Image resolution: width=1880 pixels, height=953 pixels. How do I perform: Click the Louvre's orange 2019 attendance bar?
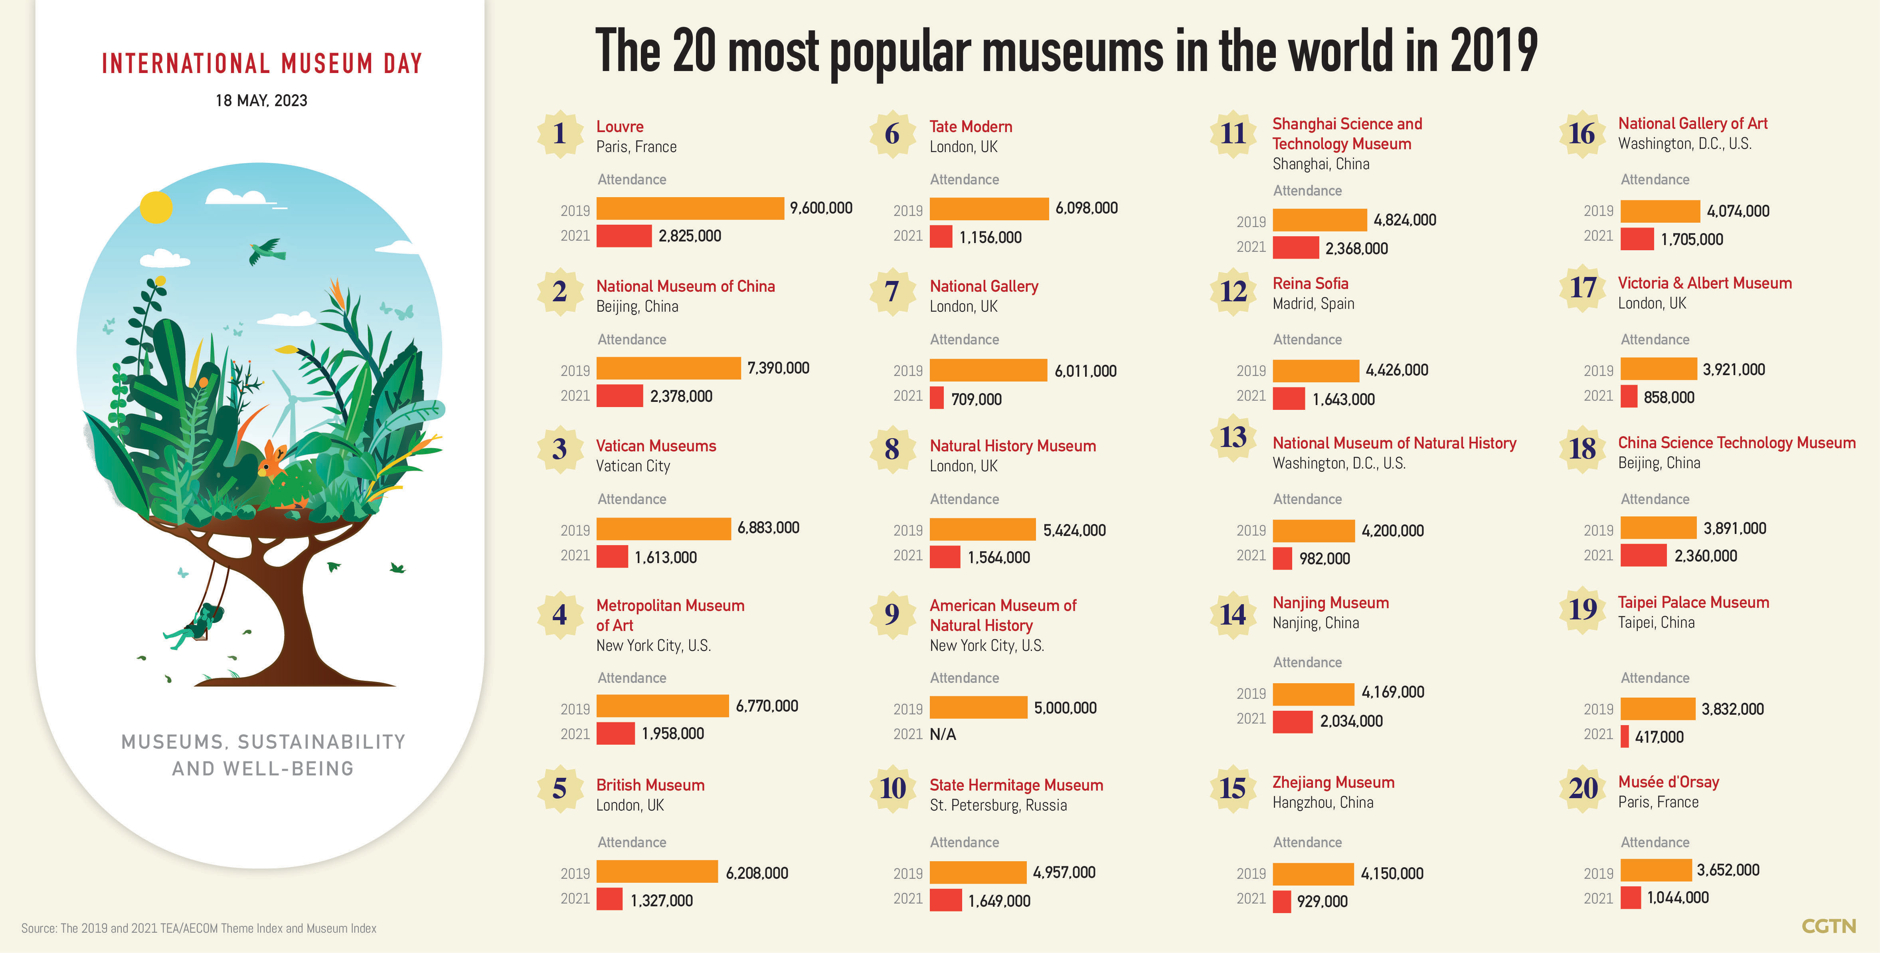(690, 209)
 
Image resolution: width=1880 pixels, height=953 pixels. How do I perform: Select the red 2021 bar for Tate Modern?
(941, 236)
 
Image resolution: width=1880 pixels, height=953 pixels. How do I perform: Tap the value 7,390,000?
(778, 368)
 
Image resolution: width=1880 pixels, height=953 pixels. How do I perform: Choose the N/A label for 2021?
(943, 734)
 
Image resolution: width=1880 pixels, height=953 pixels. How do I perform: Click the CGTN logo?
(1828, 926)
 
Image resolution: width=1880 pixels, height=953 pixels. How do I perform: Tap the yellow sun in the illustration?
(156, 207)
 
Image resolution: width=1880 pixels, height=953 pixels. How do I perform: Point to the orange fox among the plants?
(275, 460)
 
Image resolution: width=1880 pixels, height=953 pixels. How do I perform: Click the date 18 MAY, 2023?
(261, 101)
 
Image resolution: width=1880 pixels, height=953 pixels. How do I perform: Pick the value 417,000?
(1659, 737)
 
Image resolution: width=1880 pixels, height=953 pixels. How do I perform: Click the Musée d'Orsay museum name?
(1668, 782)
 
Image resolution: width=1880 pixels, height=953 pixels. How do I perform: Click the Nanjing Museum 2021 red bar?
(1293, 722)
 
